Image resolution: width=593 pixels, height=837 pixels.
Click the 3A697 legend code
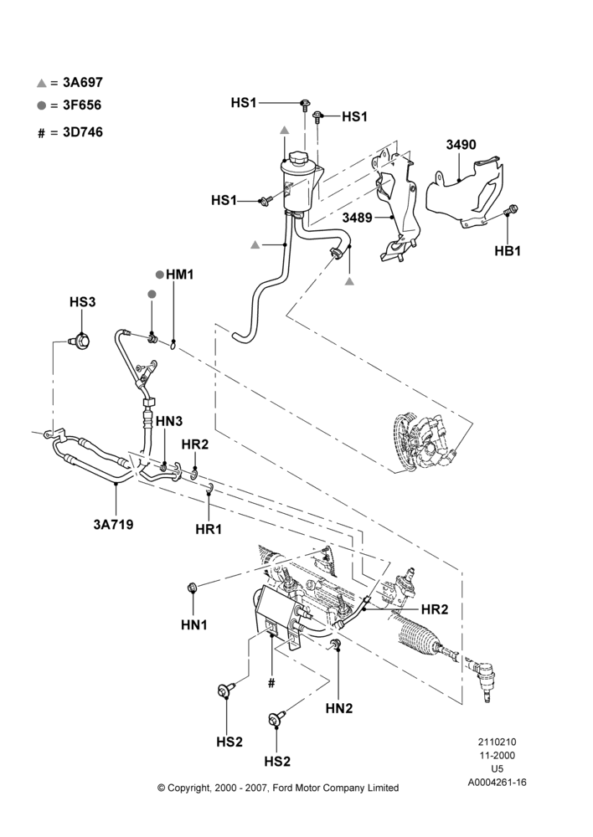83,82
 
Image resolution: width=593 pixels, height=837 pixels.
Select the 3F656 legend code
82,105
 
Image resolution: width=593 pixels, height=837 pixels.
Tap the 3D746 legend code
83,132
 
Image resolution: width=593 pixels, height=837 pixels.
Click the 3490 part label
461,145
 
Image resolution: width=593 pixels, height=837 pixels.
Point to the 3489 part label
358,218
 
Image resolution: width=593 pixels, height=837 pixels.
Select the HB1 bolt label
508,250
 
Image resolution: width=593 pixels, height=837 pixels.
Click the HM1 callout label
179,275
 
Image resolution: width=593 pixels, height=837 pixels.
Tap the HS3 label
82,302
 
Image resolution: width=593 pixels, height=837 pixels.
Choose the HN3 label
169,421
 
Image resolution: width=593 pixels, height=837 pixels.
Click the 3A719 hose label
113,524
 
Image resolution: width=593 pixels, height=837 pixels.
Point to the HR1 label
209,529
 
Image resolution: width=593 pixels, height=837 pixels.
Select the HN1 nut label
194,624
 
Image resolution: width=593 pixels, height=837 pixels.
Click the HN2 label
339,708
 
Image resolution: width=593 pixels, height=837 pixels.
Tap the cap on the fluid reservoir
297,158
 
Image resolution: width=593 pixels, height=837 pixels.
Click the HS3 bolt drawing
80,340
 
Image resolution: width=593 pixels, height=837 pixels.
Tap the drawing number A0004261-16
498,783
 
